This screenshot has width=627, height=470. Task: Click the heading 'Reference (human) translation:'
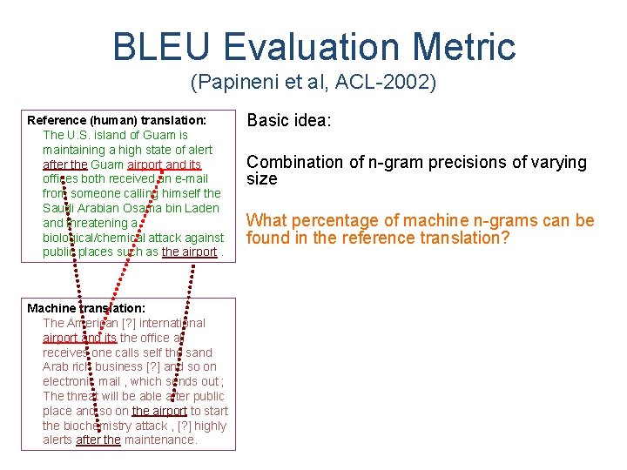[117, 120]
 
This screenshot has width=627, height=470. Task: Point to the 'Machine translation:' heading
[86, 308]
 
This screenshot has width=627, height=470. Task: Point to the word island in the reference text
[118, 135]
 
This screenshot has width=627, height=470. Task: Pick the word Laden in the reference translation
[201, 208]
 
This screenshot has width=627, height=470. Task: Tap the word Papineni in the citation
[230, 84]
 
